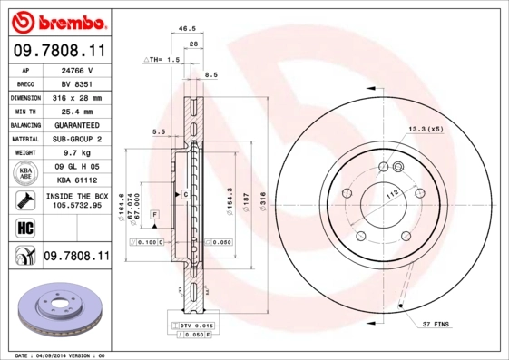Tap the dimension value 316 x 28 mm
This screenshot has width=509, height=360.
point(76,96)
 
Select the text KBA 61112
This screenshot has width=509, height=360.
point(76,180)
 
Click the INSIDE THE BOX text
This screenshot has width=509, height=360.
point(76,195)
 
